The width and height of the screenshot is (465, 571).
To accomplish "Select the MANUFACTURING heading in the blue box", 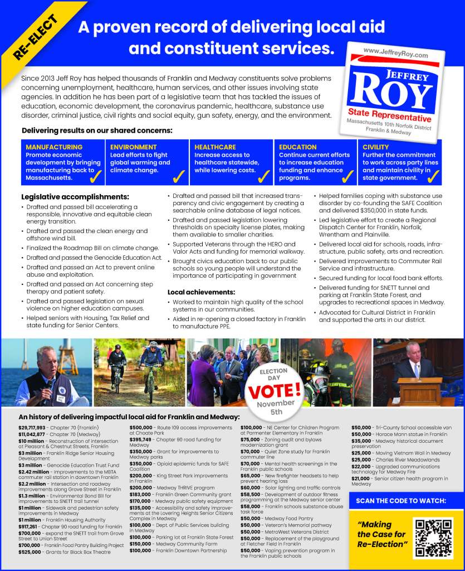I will point(54,147).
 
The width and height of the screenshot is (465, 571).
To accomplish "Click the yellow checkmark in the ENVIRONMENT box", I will point(179,177).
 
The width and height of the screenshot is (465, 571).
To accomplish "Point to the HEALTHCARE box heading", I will point(215,147).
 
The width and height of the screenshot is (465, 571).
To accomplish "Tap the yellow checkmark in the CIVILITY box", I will point(433,177).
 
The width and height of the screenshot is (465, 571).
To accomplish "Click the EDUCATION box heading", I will point(298,147).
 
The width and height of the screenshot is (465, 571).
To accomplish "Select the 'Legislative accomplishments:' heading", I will point(75,197).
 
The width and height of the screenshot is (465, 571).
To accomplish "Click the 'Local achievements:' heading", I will point(201,292).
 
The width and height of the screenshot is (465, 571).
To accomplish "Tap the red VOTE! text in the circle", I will point(274,390).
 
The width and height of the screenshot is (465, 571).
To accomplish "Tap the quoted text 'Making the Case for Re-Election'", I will point(383,534).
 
